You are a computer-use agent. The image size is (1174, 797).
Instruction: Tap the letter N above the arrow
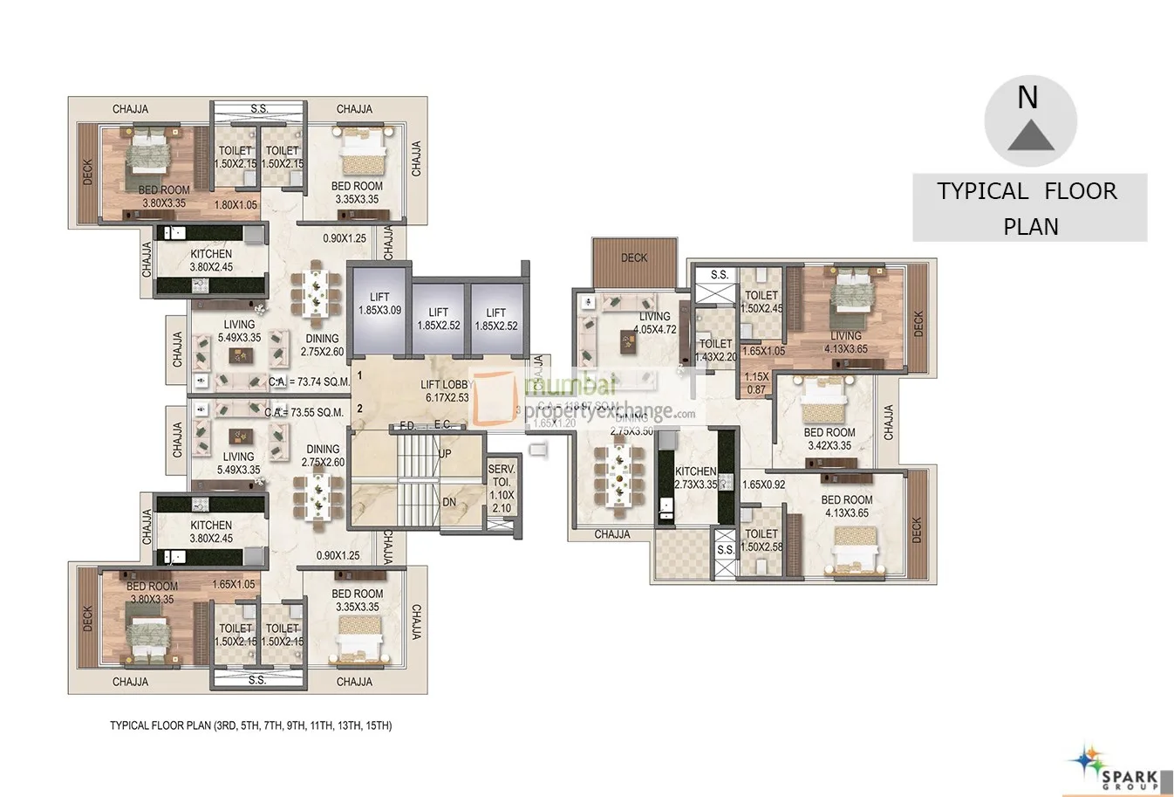(1027, 97)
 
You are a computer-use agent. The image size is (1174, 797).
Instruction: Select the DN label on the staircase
(448, 502)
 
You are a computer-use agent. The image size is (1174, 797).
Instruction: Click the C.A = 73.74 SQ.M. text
(310, 381)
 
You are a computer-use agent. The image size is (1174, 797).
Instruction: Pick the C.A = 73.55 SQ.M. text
(304, 412)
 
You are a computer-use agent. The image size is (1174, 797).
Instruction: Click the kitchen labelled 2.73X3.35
(695, 478)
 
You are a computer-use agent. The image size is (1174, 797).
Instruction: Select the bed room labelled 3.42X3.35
(829, 438)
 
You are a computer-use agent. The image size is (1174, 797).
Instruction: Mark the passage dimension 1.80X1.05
(235, 205)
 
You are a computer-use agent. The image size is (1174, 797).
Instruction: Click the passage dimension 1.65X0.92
(763, 484)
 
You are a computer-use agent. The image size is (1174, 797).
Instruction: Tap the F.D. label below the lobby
(407, 425)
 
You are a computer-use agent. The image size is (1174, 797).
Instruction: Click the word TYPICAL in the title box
(982, 191)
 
